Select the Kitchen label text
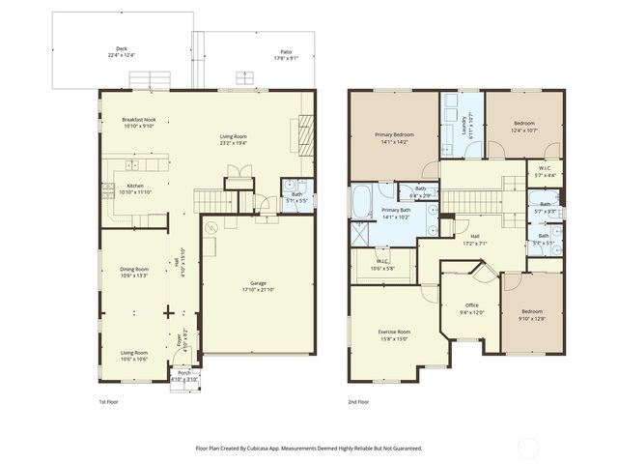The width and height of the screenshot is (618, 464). pyautogui.click(x=135, y=188)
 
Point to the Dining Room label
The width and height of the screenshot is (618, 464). pyautogui.click(x=134, y=272)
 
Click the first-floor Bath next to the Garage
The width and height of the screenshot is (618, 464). pyautogui.click(x=292, y=196)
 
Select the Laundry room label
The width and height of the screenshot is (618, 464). pyautogui.click(x=464, y=125)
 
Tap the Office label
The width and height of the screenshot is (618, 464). pyautogui.click(x=471, y=308)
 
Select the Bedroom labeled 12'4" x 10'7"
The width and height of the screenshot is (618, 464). pyautogui.click(x=524, y=127)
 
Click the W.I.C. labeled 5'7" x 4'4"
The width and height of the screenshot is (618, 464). pyautogui.click(x=546, y=171)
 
